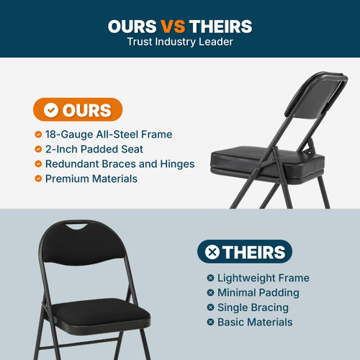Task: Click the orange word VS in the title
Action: pyautogui.click(x=172, y=27)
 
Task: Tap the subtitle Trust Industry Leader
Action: pyautogui.click(x=180, y=42)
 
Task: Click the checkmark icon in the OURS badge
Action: pyautogui.click(x=50, y=110)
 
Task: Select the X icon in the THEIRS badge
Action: pyautogui.click(x=212, y=252)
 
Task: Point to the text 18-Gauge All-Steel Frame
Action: pyautogui.click(x=108, y=135)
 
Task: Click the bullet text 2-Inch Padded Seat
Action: pyautogui.click(x=94, y=149)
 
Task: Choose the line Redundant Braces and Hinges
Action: pyautogui.click(x=120, y=163)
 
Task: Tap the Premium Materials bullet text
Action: pyautogui.click(x=91, y=178)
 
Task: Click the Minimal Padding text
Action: pyautogui.click(x=258, y=292)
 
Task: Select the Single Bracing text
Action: pyautogui.click(x=253, y=307)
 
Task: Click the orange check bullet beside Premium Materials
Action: pyautogui.click(x=38, y=178)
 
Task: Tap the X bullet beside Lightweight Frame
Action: pyautogui.click(x=210, y=278)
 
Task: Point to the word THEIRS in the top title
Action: pyautogui.click(x=220, y=27)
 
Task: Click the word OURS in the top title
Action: pyautogui.click(x=132, y=27)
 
